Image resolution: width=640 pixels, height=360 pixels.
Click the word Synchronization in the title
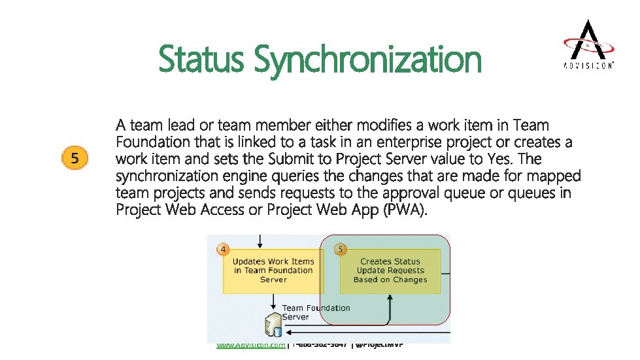[367, 60]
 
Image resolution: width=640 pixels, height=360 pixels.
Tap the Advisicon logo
[588, 44]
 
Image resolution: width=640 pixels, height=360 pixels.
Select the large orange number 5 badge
[75, 158]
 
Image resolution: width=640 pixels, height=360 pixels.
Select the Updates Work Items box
[273, 270]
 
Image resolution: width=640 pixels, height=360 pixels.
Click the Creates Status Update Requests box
[390, 270]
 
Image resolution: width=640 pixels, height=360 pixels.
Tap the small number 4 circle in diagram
[224, 250]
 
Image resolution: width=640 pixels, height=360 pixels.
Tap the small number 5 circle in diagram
[340, 250]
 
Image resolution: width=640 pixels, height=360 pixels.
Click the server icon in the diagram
[272, 325]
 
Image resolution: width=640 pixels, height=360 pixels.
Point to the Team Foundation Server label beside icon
[315, 312]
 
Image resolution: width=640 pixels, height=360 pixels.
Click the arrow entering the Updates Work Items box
[261, 240]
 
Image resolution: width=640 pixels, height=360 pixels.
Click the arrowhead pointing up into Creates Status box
[390, 297]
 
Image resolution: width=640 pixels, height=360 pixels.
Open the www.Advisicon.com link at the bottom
[250, 345]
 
